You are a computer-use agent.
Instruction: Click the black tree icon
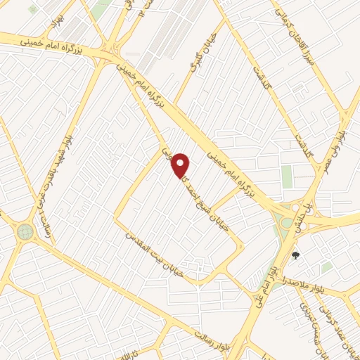(x=295, y=255)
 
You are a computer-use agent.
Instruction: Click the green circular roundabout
(x=26, y=231)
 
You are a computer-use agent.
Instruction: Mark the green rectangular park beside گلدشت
(x=287, y=176)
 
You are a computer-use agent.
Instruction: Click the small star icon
(x=32, y=9)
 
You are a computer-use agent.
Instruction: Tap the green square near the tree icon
(x=326, y=267)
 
